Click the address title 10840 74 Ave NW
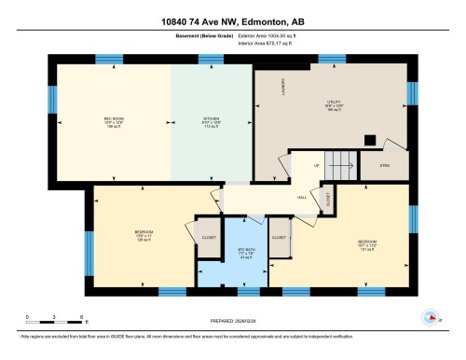[x=232, y=21]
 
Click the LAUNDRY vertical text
[x=282, y=86]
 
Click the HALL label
[x=301, y=198]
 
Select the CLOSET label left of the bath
[x=207, y=237]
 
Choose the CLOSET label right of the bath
[x=279, y=237]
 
